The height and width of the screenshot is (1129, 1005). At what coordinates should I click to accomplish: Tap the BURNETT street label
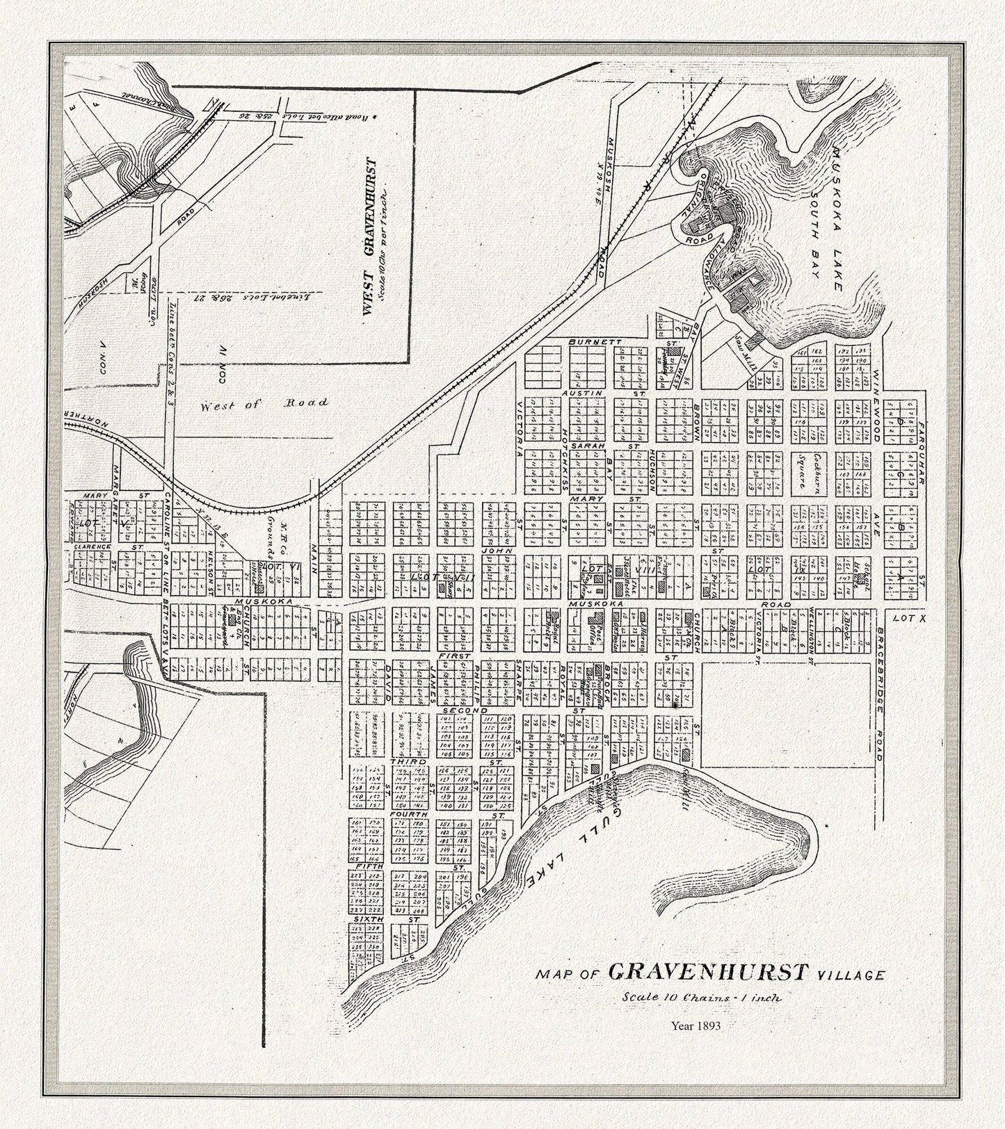coord(588,342)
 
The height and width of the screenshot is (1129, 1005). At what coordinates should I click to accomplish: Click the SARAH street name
coord(581,445)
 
